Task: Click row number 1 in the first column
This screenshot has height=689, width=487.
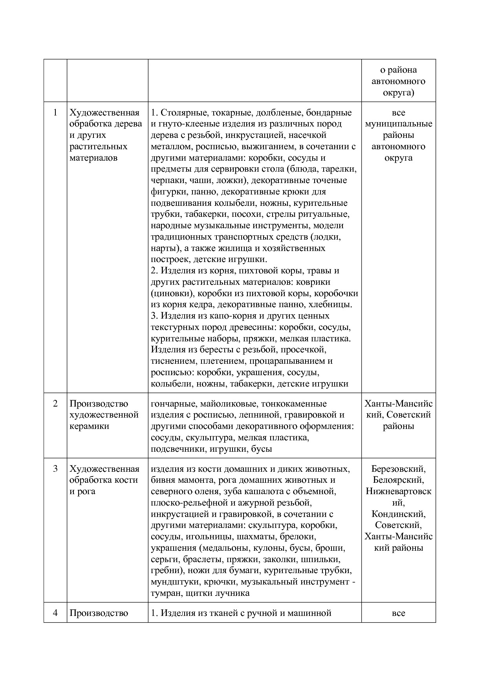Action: coord(55,113)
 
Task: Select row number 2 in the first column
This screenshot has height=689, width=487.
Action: coord(55,403)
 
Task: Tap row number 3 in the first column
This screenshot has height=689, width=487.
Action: coord(55,469)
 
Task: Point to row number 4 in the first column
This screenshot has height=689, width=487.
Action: coord(55,613)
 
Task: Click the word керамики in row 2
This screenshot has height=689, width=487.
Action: coord(89,426)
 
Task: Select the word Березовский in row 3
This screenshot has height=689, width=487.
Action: coord(398,469)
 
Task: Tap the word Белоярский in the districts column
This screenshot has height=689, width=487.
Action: coord(398,480)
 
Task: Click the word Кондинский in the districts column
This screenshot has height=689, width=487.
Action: coord(398,514)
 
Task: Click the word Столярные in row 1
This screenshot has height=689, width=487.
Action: coord(183,113)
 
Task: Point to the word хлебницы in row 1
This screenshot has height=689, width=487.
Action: coord(333,304)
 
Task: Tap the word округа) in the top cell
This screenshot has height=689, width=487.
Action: coord(398,93)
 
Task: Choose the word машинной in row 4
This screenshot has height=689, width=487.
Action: coord(312,613)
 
